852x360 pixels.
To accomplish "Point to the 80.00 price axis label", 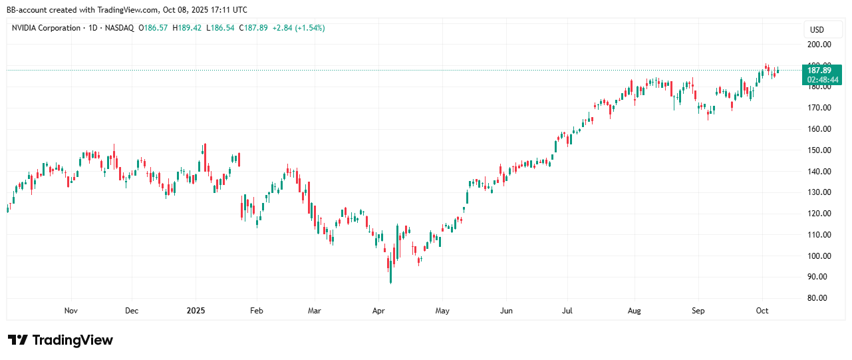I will pos(819,298).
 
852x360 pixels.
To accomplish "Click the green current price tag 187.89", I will pos(819,70).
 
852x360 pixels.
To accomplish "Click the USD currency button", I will pos(816,30).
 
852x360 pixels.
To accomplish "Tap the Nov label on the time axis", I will pos(71,311).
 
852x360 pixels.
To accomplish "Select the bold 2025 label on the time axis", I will pos(196,311).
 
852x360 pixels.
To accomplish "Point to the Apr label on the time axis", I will pos(378,311).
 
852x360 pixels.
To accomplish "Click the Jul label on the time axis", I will pos(567,311).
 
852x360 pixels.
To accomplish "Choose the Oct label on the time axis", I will pos(762,311).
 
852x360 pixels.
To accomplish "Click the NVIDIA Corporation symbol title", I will pos(46,28).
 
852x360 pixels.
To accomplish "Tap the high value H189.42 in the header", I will pos(188,28).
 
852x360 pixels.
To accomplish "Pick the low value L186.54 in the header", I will pos(221,28).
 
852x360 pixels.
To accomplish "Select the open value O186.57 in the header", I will pos(154,28).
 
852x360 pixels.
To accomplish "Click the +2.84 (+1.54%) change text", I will pos(299,28).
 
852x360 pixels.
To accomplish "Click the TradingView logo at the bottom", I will pos(61,340).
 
